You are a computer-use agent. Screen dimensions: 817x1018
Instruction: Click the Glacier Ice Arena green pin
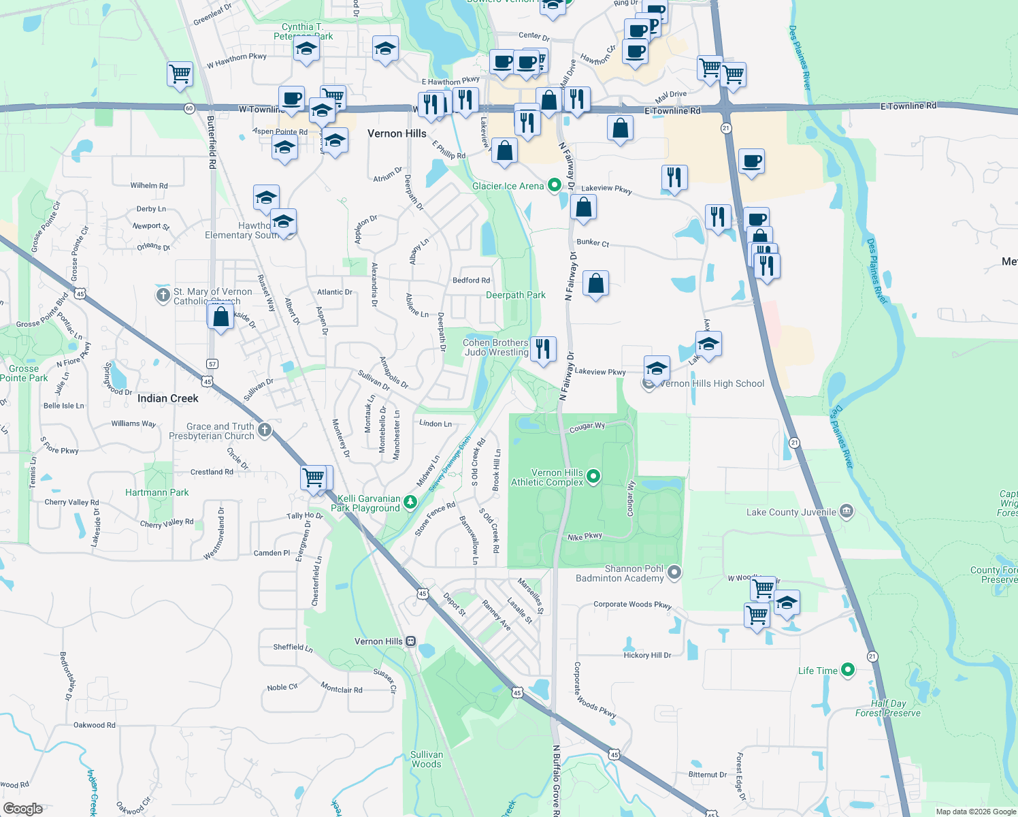click(x=554, y=185)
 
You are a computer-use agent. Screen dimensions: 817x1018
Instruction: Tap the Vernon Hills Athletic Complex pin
click(x=593, y=477)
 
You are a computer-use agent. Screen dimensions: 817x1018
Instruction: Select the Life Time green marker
click(x=847, y=670)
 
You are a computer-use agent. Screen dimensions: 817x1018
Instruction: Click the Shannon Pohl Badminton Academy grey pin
click(x=674, y=572)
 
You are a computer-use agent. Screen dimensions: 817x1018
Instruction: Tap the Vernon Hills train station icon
click(x=410, y=641)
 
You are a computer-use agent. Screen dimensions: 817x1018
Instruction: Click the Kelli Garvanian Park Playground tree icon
click(x=410, y=502)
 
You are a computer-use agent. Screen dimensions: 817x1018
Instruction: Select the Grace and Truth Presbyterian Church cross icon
click(x=265, y=430)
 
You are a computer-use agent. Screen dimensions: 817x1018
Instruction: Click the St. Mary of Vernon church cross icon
click(x=163, y=295)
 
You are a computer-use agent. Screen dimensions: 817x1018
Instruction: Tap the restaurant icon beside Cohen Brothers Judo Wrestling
click(x=543, y=349)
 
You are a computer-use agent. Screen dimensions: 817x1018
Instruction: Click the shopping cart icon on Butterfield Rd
click(x=180, y=74)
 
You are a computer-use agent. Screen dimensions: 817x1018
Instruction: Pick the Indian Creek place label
click(x=167, y=398)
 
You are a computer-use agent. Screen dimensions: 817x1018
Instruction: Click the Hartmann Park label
click(x=157, y=492)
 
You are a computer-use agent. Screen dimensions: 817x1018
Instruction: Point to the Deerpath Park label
click(x=515, y=295)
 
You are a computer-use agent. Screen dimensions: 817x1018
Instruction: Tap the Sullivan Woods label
click(x=427, y=759)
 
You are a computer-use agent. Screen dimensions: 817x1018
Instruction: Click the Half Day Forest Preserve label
click(x=887, y=708)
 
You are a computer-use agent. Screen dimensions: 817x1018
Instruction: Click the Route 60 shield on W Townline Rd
click(x=189, y=108)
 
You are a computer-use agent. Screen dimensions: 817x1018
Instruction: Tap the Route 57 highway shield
click(x=212, y=364)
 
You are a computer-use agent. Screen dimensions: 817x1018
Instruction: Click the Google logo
click(x=23, y=808)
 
